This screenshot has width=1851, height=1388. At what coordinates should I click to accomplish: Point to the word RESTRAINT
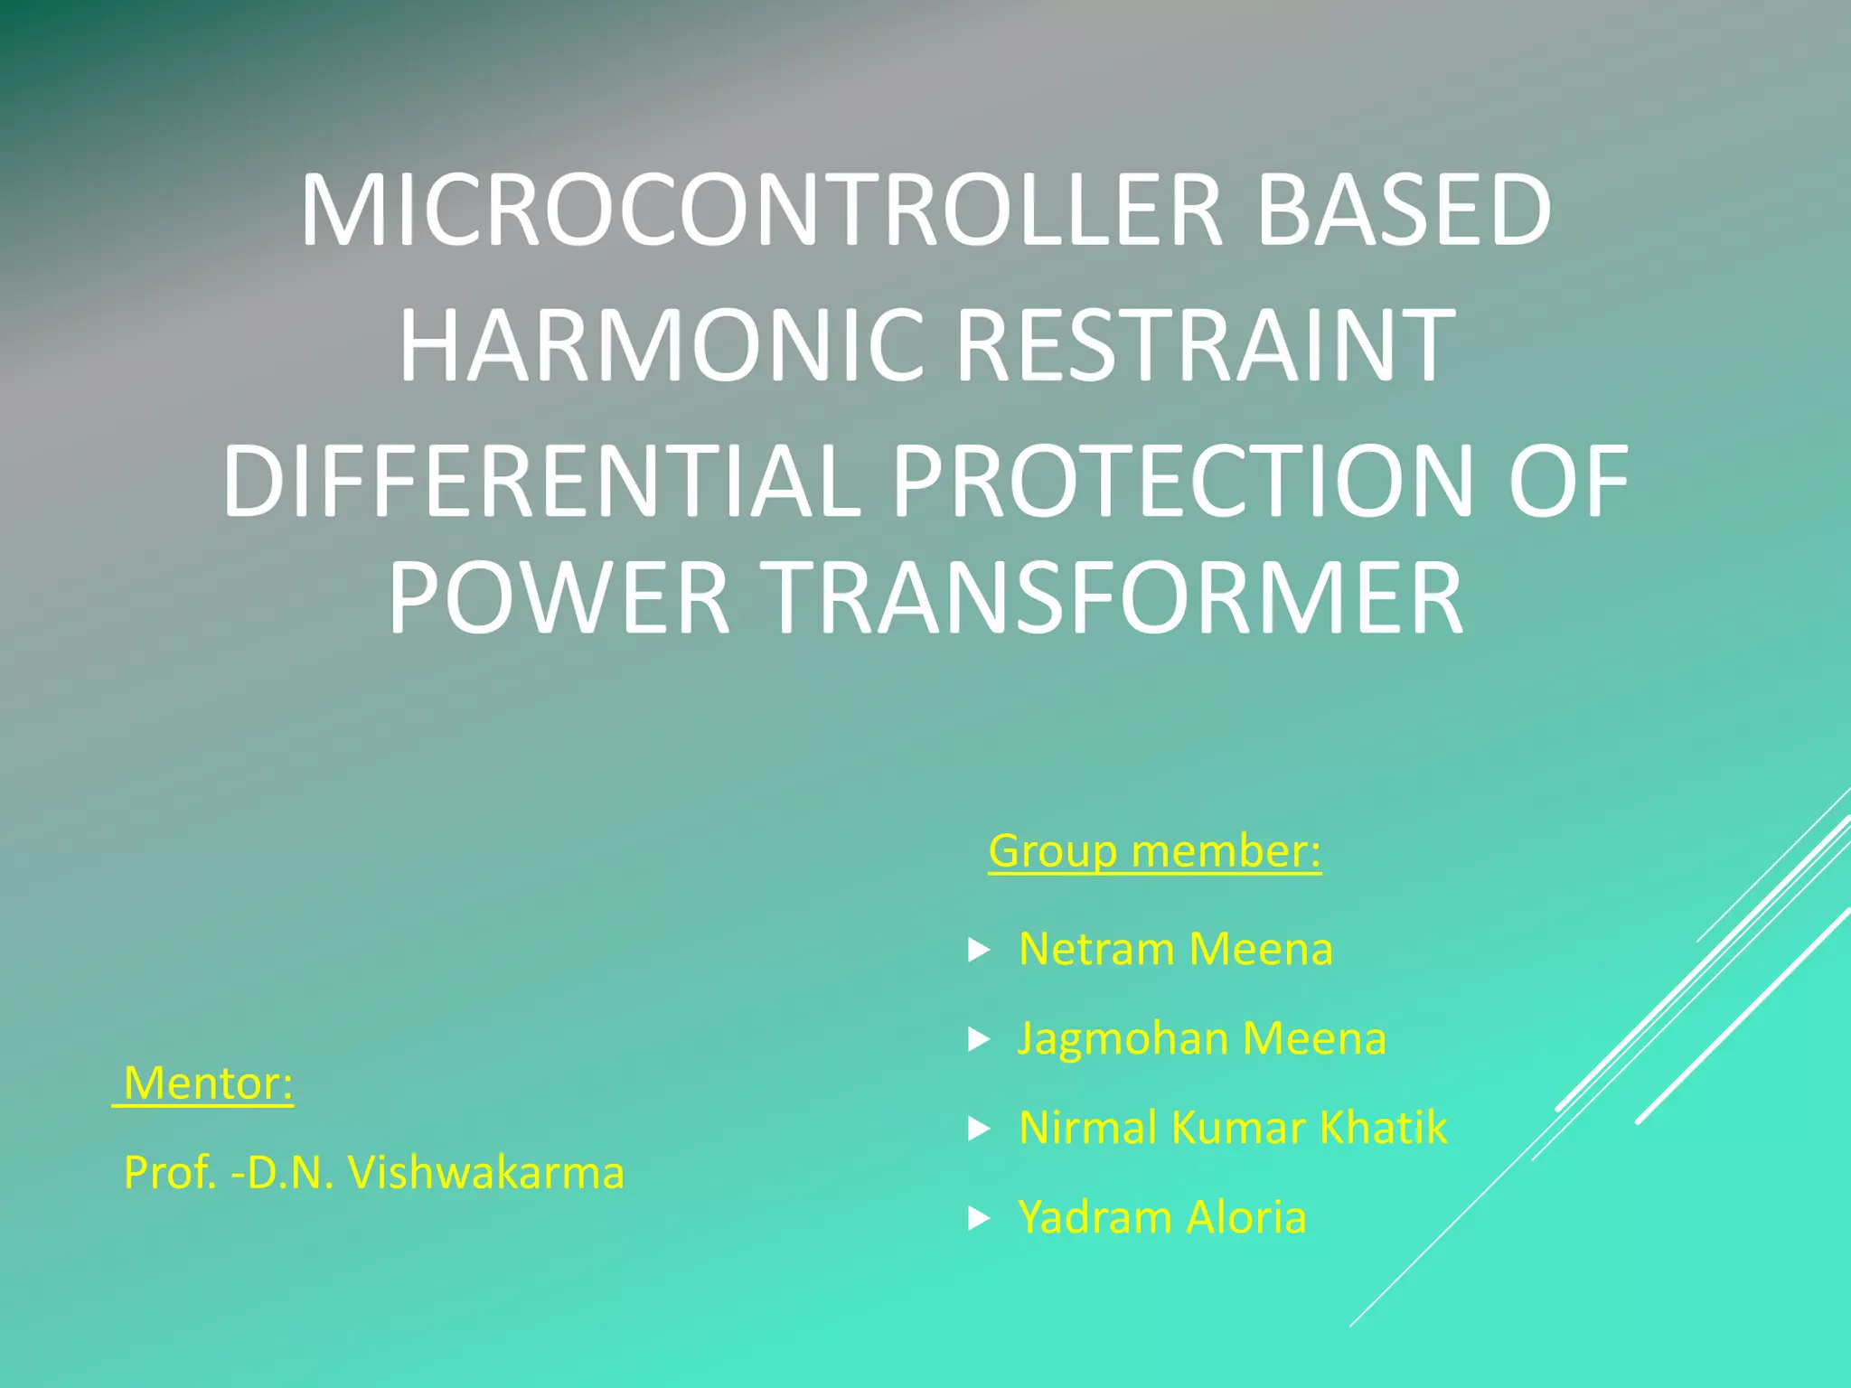pos(1205,345)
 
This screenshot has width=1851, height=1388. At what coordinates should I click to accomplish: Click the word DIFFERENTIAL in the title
pos(540,481)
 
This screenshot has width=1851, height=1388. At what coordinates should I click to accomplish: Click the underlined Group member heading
pos(1154,851)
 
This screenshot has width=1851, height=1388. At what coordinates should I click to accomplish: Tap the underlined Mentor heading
pos(207,1083)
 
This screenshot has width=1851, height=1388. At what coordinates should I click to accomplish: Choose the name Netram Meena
pos(1175,949)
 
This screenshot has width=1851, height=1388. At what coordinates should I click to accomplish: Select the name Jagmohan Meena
pos(1201,1038)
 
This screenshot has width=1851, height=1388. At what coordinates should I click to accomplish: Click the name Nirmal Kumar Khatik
pos(1233,1128)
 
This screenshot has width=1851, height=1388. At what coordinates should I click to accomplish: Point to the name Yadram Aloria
pos(1162,1217)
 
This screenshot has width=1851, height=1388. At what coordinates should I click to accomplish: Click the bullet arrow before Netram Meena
pos(979,950)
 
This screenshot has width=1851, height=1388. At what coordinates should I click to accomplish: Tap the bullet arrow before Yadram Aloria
pos(979,1219)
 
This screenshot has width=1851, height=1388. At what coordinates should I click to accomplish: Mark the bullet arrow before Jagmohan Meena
pos(979,1040)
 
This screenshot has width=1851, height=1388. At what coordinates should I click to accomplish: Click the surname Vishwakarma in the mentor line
pos(486,1173)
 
